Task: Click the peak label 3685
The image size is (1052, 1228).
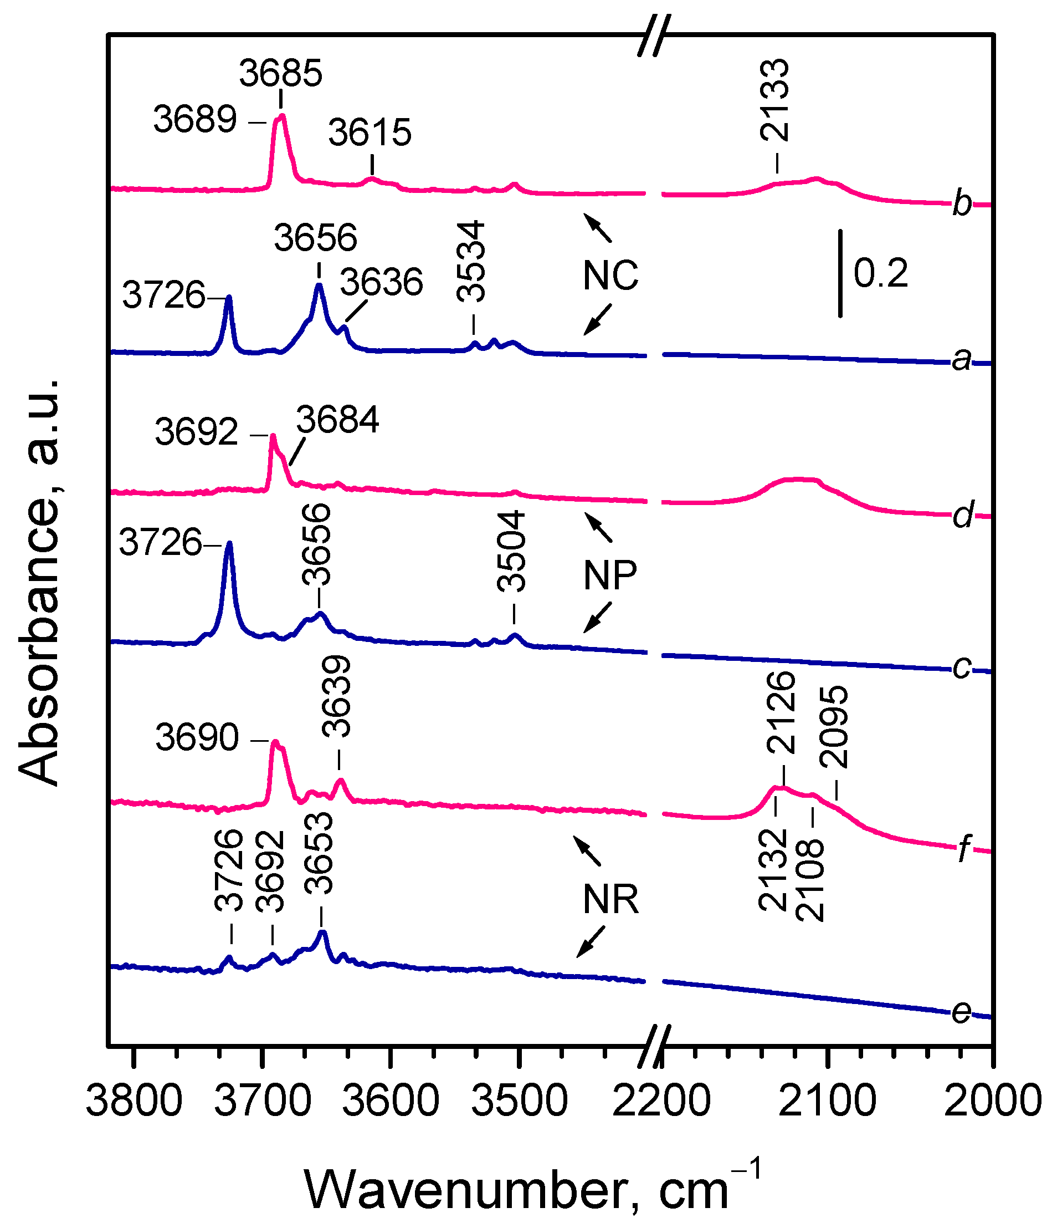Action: (x=281, y=74)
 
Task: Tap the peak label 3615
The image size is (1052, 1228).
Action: (x=370, y=132)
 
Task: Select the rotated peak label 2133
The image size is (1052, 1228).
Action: (x=775, y=100)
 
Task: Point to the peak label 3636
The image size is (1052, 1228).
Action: (x=382, y=282)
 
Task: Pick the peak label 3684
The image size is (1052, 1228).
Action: (x=337, y=420)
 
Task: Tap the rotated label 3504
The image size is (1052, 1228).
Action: (x=512, y=552)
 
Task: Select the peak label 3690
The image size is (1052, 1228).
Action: (x=197, y=738)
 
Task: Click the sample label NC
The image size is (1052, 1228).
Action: (x=610, y=276)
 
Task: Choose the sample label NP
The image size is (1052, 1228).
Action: (x=610, y=575)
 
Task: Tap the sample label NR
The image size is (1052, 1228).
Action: (x=610, y=900)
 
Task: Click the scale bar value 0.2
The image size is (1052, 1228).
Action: (x=881, y=274)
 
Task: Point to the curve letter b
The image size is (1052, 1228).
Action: (x=962, y=203)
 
